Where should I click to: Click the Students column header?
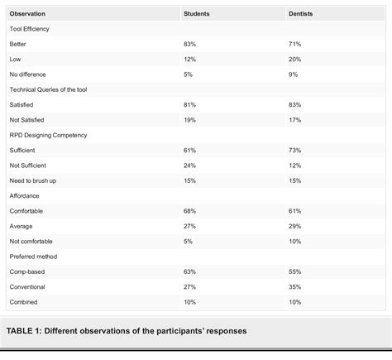pyautogui.click(x=196, y=14)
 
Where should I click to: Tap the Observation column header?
pyautogui.click(x=28, y=14)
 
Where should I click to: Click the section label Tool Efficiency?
pyautogui.click(x=32, y=29)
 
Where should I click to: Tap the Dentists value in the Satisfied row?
pyautogui.click(x=294, y=103)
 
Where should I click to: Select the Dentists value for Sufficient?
pyautogui.click(x=294, y=149)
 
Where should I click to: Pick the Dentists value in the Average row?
pyautogui.click(x=294, y=227)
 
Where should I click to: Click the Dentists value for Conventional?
pyautogui.click(x=294, y=287)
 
